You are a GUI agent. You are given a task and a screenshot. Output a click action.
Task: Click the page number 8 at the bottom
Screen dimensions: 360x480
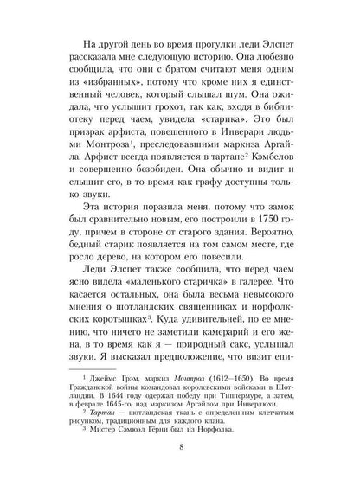coord(180,448)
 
